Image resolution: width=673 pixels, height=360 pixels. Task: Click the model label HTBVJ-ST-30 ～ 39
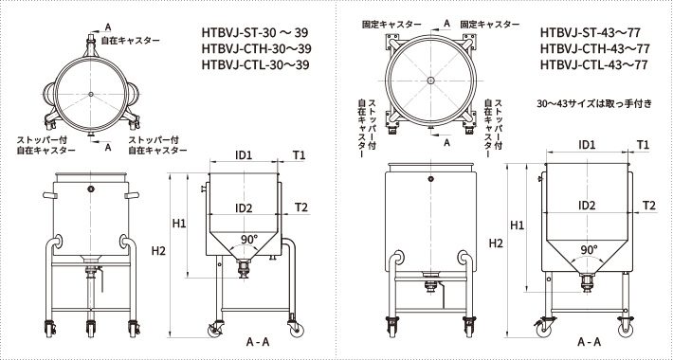coord(255,32)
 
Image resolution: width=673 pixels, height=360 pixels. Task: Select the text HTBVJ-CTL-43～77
coord(594,64)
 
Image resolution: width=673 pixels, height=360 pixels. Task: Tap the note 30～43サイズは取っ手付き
coord(594,104)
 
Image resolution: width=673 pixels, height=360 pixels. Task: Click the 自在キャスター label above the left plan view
coord(131,41)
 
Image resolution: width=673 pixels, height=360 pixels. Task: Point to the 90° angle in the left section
coord(248,240)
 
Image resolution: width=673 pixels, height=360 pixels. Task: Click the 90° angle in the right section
coord(590,250)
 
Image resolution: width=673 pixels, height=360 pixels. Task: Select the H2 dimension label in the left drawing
coord(158,251)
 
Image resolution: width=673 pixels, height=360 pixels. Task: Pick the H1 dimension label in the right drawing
coord(517,225)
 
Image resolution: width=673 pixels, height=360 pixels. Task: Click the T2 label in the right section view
coord(649,206)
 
